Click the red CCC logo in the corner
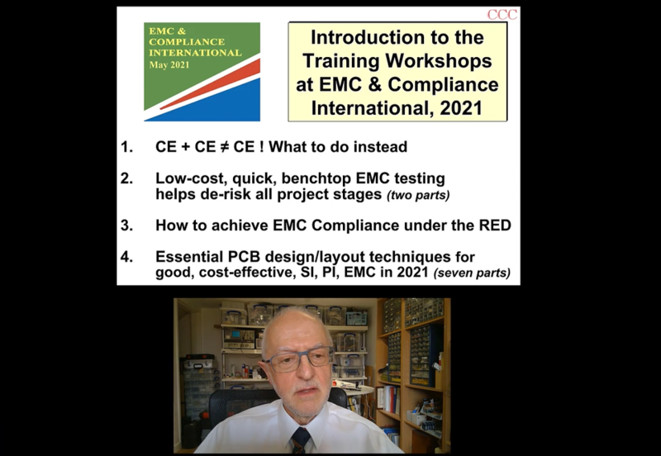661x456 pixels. (502, 15)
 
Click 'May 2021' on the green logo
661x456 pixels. (169, 65)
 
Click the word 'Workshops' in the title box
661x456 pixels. (439, 61)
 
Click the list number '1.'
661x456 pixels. (127, 147)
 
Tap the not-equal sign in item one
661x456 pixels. (223, 147)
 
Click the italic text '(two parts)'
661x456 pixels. (418, 195)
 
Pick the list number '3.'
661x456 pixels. (127, 226)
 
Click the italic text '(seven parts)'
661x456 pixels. (472, 273)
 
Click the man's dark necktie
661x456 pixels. (301, 440)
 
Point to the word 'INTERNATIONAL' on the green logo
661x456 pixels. (195, 53)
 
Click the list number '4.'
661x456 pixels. (127, 257)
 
